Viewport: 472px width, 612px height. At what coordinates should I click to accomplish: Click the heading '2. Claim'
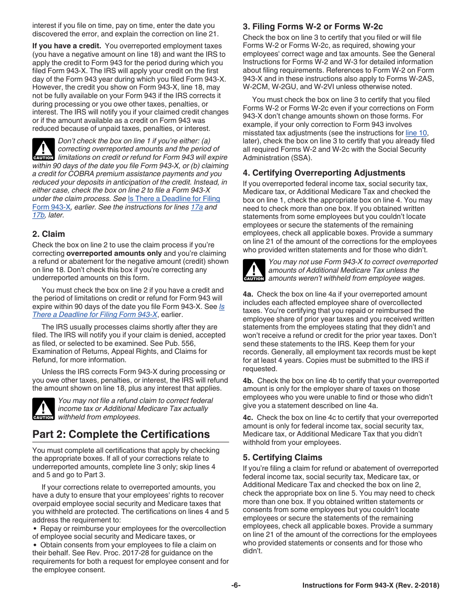click(49, 234)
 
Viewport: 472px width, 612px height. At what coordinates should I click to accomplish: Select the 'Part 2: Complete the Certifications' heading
click(121, 434)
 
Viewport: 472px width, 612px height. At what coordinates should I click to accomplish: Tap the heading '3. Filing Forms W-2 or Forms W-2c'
click(313, 26)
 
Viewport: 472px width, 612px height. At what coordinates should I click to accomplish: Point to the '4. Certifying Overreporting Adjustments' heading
click(324, 173)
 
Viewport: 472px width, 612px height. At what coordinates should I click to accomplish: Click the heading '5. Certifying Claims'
click(282, 457)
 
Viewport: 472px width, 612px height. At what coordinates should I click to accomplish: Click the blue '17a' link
click(197, 207)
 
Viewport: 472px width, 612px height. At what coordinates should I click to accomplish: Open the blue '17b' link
click(38, 215)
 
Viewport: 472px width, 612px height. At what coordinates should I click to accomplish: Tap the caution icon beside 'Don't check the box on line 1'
click(43, 149)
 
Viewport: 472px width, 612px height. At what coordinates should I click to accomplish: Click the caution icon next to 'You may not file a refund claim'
click(43, 409)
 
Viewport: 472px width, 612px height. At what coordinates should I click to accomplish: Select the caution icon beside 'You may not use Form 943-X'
click(253, 270)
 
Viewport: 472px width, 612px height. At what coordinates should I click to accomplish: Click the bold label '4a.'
click(248, 295)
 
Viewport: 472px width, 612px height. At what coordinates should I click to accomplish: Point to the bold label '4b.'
click(248, 381)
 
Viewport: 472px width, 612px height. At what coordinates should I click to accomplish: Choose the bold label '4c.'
click(248, 417)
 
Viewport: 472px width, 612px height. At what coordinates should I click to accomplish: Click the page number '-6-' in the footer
click(236, 586)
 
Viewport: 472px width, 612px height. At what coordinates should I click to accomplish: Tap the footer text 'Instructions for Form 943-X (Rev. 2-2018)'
click(371, 586)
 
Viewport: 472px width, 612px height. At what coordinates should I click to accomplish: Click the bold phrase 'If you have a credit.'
click(67, 46)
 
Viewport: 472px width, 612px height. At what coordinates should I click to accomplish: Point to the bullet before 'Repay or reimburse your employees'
click(35, 528)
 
